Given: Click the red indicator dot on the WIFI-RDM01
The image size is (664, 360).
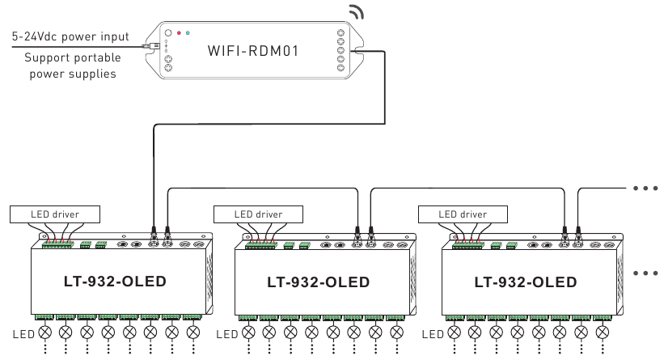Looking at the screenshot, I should [179, 34].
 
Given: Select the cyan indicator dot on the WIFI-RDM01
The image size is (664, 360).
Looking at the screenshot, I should [188, 34].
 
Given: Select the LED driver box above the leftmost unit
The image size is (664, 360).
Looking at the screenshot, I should [55, 214].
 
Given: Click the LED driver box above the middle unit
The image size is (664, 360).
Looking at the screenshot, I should [258, 214].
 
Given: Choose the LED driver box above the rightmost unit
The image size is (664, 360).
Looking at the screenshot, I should [462, 214].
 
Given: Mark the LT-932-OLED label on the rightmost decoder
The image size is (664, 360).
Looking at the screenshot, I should [526, 282].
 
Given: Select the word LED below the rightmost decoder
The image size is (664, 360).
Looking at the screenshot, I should [434, 333].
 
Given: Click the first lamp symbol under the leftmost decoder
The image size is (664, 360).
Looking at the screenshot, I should [44, 332].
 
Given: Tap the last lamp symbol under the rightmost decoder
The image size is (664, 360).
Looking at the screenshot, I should [599, 332].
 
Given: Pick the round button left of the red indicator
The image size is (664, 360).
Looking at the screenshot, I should [167, 35].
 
